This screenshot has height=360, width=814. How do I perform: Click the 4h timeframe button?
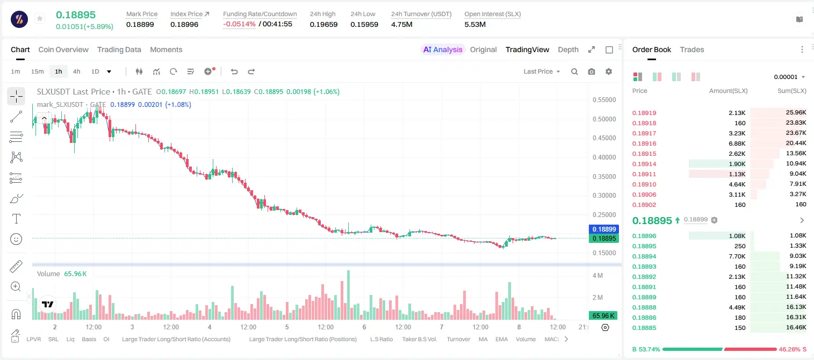[76, 71]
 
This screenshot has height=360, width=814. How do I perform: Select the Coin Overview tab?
[63, 49]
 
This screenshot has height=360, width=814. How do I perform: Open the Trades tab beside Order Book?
[692, 49]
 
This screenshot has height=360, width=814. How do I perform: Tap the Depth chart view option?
[568, 49]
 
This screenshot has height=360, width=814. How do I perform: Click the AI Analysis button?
[443, 49]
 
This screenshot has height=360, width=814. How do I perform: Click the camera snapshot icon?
[592, 71]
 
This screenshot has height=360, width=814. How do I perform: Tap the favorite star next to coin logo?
[40, 18]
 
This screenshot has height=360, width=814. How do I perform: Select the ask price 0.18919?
[644, 113]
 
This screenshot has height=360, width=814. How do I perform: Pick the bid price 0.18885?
[644, 328]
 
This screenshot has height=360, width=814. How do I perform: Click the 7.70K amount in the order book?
[737, 256]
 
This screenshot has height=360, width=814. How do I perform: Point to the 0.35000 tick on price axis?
[604, 177]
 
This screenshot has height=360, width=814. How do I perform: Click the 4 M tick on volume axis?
[598, 275]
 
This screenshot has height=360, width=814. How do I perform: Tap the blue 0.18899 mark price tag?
[604, 229]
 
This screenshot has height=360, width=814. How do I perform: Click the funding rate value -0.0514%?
[240, 24]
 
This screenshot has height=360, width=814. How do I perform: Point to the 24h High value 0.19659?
[323, 24]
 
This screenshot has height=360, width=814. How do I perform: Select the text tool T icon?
[16, 219]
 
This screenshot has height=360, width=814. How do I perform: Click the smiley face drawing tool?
[16, 239]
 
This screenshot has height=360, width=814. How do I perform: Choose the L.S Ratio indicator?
[381, 339]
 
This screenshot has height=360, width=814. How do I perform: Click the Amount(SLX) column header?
[728, 90]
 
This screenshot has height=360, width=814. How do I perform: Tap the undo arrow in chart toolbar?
[234, 71]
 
